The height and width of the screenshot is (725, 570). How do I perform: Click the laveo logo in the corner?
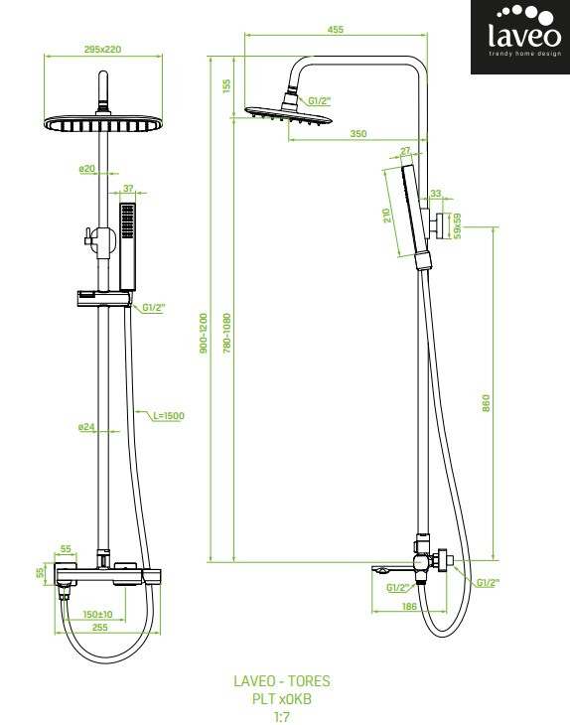pos(520,37)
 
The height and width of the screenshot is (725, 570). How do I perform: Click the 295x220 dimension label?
pos(102,49)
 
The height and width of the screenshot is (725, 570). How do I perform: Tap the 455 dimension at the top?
pos(336,29)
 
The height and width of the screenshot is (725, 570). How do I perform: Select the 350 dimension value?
pos(358,134)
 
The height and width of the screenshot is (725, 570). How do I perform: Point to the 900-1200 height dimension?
pos(204,334)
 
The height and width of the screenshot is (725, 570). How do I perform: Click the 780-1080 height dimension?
pos(227,334)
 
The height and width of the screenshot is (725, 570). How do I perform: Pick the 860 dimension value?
pos(486,403)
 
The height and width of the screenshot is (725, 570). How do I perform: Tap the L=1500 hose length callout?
pos(169,416)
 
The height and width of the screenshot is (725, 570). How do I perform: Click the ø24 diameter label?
pos(86,427)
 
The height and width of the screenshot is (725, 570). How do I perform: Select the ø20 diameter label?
pos(86,169)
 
